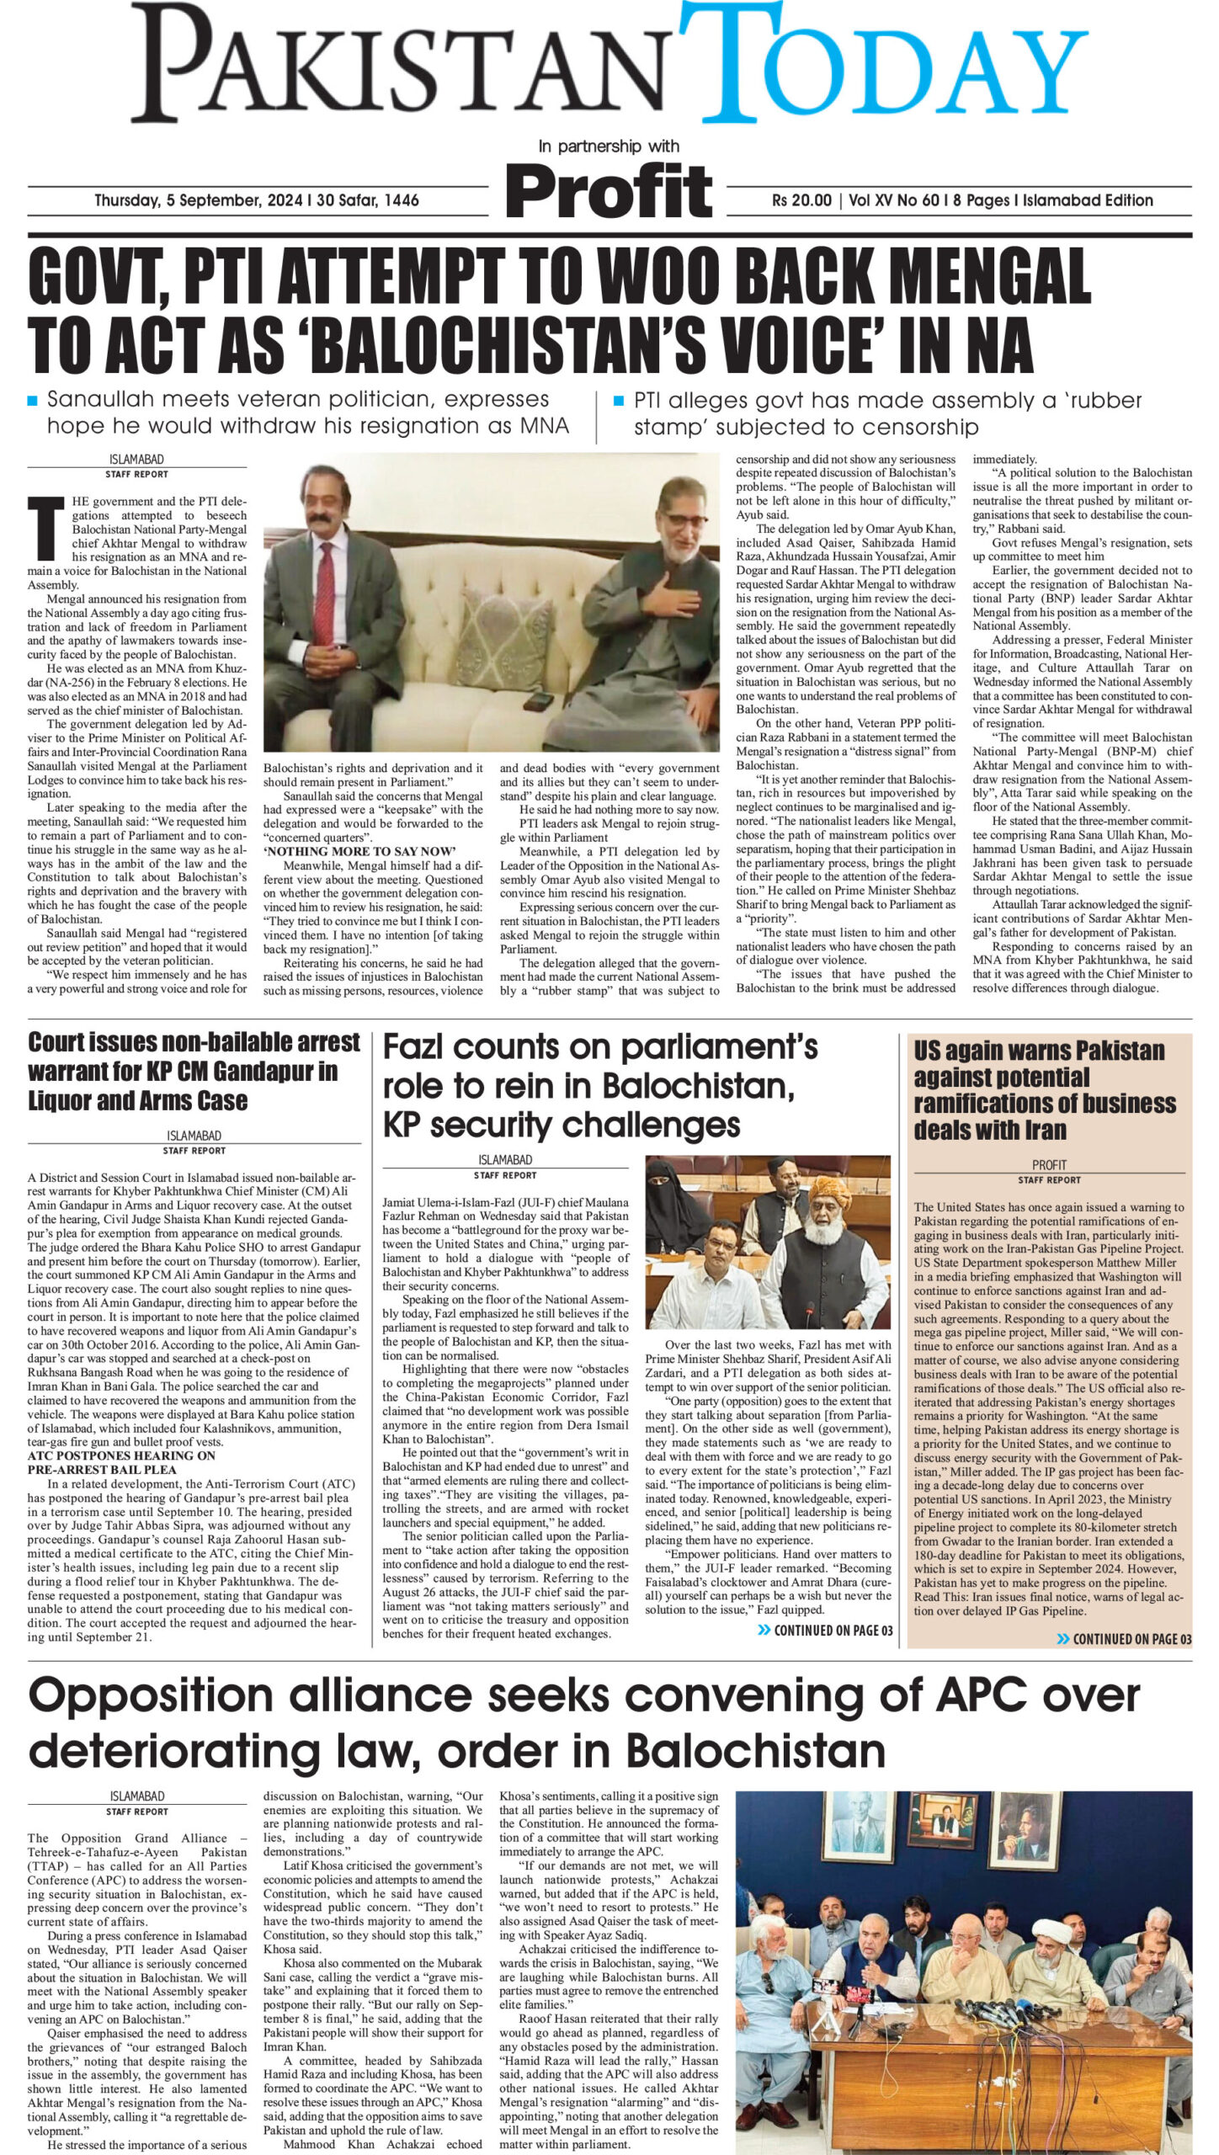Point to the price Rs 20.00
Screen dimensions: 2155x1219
point(801,201)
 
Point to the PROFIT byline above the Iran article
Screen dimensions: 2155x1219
point(1049,1166)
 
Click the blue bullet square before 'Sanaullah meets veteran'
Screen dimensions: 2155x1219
point(33,401)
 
